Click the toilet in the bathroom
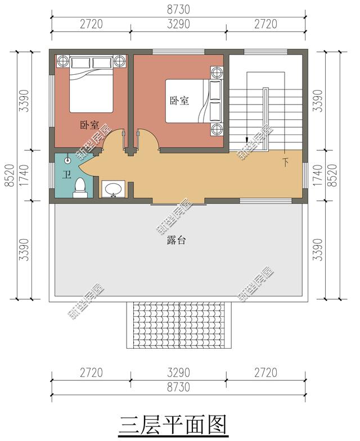coord(80,188)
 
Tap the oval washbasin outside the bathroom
coord(113,189)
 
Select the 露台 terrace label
coord(176,241)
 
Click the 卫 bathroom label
coord(66,175)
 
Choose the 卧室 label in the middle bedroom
coord(179,100)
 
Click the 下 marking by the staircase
coord(286,162)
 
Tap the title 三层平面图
coord(173,425)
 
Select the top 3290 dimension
coord(178,24)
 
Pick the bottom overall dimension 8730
coord(178,387)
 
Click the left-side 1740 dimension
coord(25,175)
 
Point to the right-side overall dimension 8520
coord(333,175)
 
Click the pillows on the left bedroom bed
coord(91,63)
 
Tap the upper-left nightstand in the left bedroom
coord(62,61)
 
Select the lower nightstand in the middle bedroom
coord(217,129)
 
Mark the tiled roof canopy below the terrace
coord(179,325)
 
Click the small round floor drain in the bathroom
coord(67,161)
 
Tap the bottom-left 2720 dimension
coord(91,373)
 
